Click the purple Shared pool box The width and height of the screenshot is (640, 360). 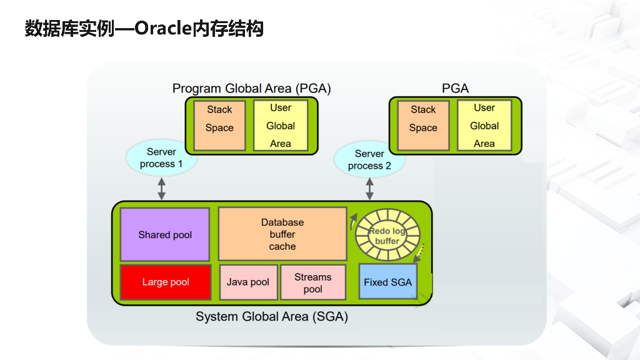click(x=165, y=235)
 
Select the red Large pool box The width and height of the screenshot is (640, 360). click(x=165, y=282)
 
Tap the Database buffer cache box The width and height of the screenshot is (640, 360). click(x=282, y=234)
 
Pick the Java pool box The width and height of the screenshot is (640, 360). click(x=247, y=282)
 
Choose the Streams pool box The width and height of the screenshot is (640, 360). click(x=312, y=282)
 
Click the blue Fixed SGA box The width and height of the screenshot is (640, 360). click(x=387, y=282)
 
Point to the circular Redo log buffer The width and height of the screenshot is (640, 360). click(x=387, y=236)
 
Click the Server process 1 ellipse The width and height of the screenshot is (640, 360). click(x=162, y=157)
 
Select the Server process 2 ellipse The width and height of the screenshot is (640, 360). click(x=369, y=159)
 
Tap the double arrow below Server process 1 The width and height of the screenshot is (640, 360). click(x=162, y=188)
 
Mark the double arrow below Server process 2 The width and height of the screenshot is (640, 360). click(x=370, y=188)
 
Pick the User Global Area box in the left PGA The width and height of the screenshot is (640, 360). click(x=281, y=125)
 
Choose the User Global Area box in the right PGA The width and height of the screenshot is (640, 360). click(x=484, y=125)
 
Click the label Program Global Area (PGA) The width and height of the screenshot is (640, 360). click(x=251, y=89)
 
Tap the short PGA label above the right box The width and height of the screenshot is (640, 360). click(x=455, y=89)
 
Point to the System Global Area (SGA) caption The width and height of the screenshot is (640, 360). click(x=272, y=317)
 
